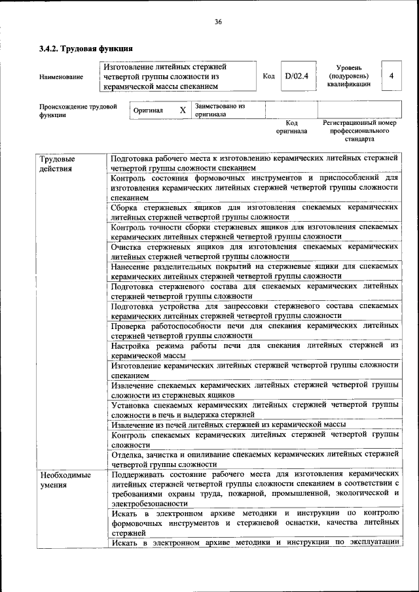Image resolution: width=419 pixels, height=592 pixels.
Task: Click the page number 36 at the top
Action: (218, 22)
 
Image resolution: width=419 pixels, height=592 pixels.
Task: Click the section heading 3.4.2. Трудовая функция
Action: (86, 48)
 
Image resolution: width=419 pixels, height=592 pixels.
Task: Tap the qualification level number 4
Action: (391, 77)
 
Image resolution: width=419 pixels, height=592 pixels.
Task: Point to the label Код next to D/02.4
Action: (268, 77)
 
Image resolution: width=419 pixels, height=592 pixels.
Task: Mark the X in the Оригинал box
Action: (183, 110)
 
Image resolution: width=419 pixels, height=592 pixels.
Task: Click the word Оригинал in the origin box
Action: (148, 111)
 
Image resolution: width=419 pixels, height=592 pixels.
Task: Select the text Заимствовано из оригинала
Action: (219, 109)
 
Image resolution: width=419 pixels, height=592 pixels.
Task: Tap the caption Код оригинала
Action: (291, 127)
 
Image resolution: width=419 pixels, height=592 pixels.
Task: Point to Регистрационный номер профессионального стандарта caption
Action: (359, 131)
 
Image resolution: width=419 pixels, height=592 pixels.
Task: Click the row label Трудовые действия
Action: (57, 164)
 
